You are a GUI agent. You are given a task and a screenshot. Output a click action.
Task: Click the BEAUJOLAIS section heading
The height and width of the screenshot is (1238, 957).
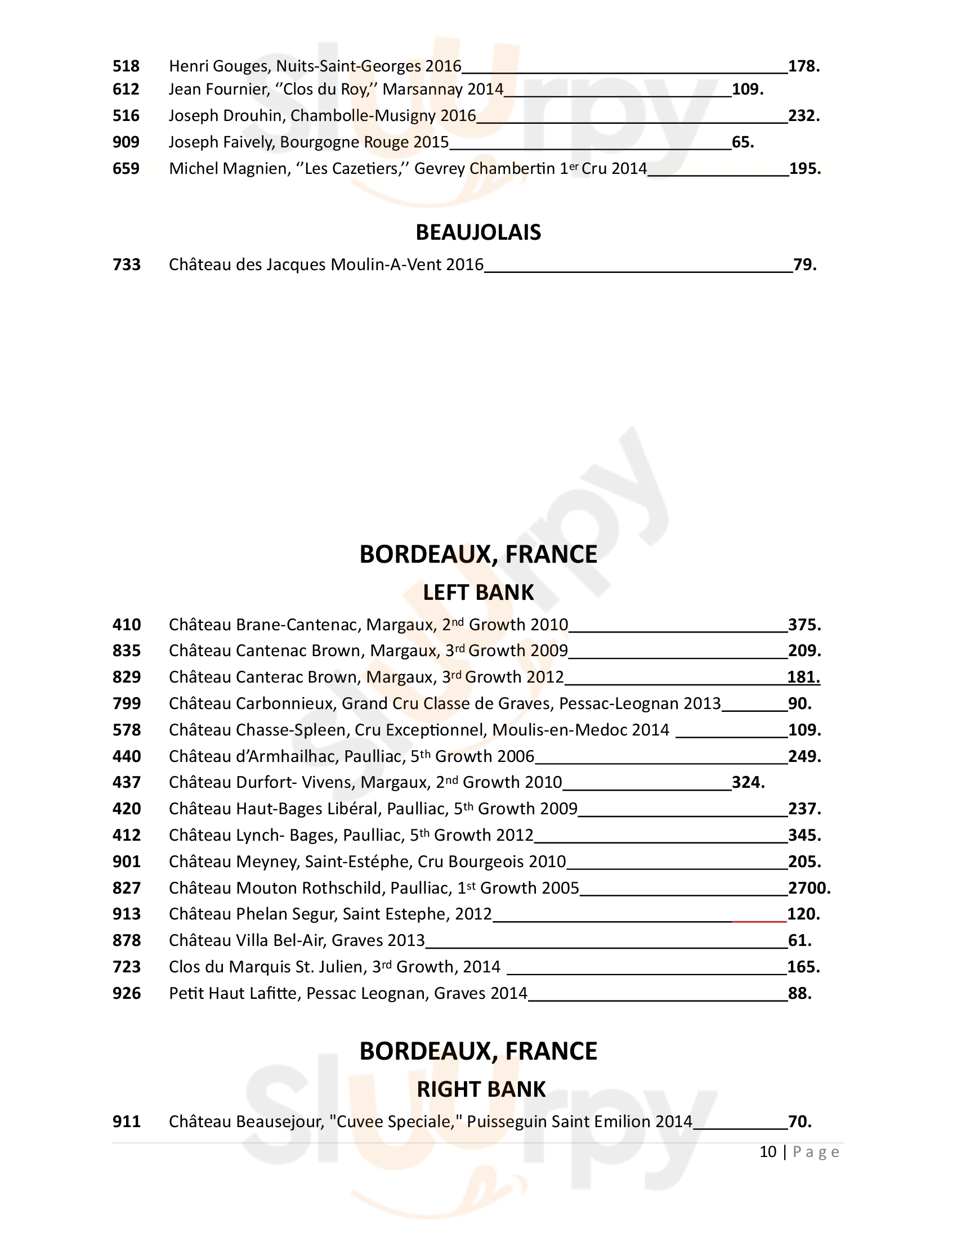(x=478, y=232)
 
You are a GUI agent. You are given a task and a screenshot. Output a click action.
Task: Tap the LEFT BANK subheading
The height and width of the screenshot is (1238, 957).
(x=478, y=593)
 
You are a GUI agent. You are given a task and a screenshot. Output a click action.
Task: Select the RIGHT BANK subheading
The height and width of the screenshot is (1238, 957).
(x=481, y=1089)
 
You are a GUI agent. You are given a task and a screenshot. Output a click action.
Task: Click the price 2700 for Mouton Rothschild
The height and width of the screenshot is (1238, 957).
(x=809, y=887)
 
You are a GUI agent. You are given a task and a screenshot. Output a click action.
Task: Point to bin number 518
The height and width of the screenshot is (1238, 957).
(x=126, y=66)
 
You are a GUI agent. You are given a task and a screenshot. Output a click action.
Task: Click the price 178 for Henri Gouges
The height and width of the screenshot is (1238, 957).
(x=804, y=66)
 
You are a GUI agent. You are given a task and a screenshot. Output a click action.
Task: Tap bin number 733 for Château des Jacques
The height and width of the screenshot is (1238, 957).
(x=127, y=264)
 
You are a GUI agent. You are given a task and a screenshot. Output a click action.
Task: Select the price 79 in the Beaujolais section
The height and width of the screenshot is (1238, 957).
(x=804, y=264)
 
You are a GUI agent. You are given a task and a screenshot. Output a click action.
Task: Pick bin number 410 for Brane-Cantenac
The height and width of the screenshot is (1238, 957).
(x=127, y=625)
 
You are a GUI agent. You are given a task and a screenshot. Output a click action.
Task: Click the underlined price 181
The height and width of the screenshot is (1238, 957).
(x=803, y=677)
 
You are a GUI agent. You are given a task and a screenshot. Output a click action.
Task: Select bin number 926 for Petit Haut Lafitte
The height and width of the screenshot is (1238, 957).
(x=127, y=993)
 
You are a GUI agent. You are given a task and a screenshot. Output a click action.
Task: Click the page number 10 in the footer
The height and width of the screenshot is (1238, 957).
(x=768, y=1151)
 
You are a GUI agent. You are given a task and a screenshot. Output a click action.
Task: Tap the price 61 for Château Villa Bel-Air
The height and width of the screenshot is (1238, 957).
(x=799, y=940)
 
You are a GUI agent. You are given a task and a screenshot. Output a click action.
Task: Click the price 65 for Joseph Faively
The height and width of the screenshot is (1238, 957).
(x=743, y=142)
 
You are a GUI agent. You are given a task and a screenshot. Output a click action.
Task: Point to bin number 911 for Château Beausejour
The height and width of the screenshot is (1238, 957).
(x=126, y=1121)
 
